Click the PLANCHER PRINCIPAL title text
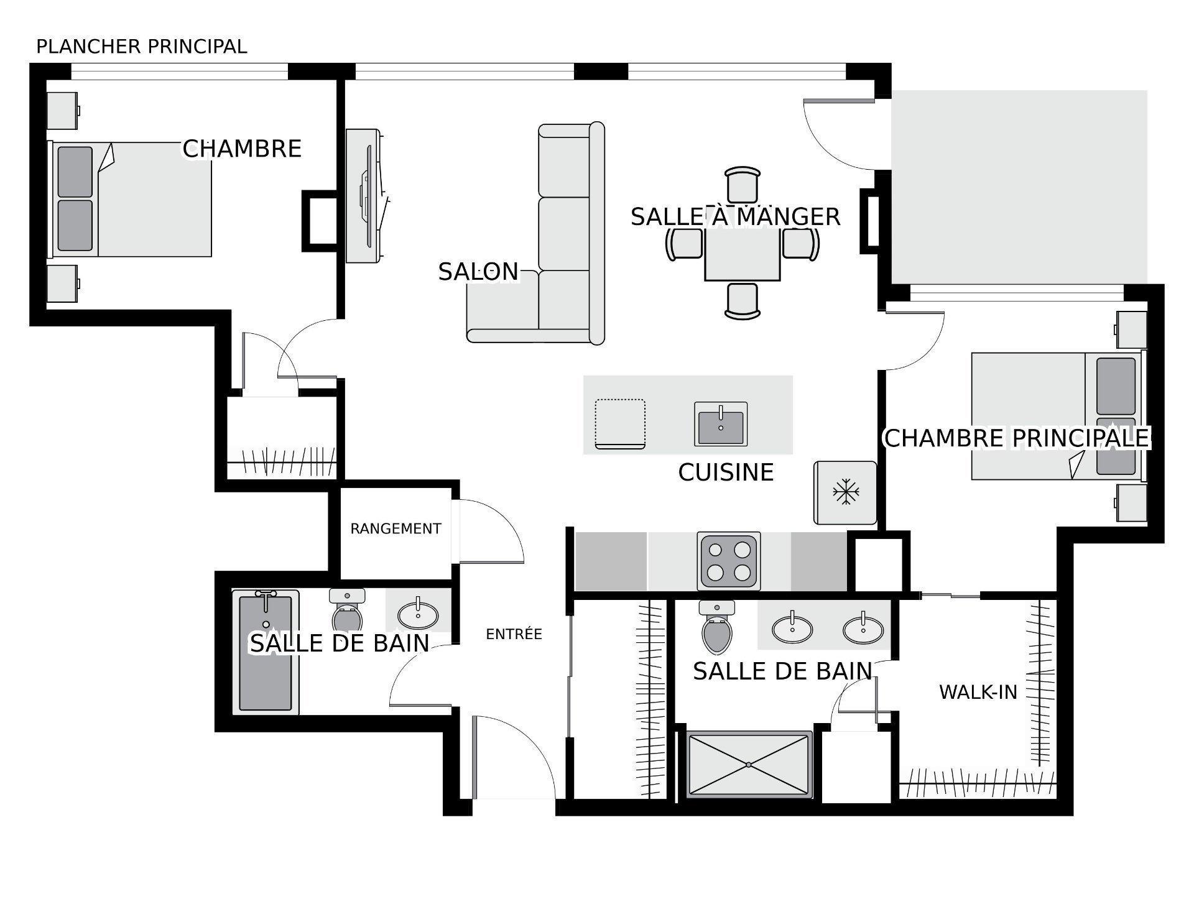click(x=142, y=47)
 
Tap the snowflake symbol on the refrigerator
click(x=846, y=492)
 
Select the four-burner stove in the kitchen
click(x=729, y=561)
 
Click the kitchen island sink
click(x=721, y=424)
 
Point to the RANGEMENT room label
click(x=396, y=528)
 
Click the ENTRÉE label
click(x=514, y=634)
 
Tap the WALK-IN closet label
click(x=978, y=692)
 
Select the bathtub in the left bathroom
click(x=266, y=652)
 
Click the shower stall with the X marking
click(x=749, y=764)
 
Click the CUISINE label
click(x=726, y=473)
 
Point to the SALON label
click(x=478, y=272)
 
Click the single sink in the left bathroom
click(x=418, y=614)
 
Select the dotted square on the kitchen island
click(x=620, y=423)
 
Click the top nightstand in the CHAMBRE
click(x=63, y=111)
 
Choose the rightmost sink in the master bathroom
click(x=863, y=629)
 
